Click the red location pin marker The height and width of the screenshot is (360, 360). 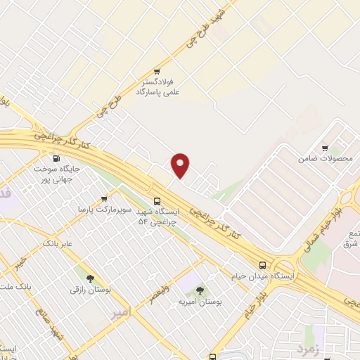(181, 164)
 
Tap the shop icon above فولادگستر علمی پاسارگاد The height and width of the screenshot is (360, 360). (157, 71)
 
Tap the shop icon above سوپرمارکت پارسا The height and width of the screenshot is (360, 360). (105, 198)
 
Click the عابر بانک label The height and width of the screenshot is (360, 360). (58, 243)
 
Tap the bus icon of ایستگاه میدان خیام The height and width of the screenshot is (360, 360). (262, 265)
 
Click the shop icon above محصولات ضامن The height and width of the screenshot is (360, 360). (324, 148)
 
